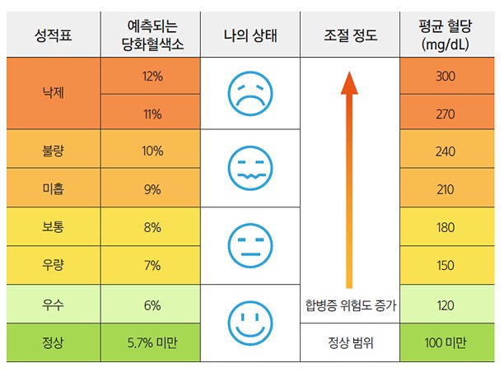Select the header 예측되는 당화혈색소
point(152,35)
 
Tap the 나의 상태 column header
point(250,35)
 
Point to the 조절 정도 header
point(350,35)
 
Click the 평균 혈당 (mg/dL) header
point(446,35)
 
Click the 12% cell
point(152,76)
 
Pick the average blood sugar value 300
point(446,76)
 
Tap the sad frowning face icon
point(250,93)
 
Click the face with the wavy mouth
point(250,169)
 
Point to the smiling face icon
point(250,322)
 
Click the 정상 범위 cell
point(350,342)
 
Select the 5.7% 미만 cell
point(152,342)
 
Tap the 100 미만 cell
point(446,342)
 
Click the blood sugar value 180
point(446,227)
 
